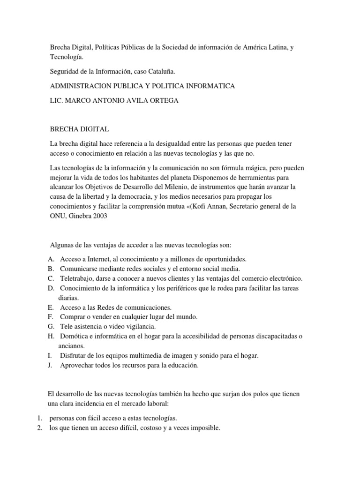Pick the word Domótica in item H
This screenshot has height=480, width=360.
pyautogui.click(x=74, y=337)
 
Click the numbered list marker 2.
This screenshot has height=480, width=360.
pyautogui.click(x=40, y=427)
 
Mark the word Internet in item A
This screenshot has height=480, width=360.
pyautogui.click(x=97, y=259)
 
